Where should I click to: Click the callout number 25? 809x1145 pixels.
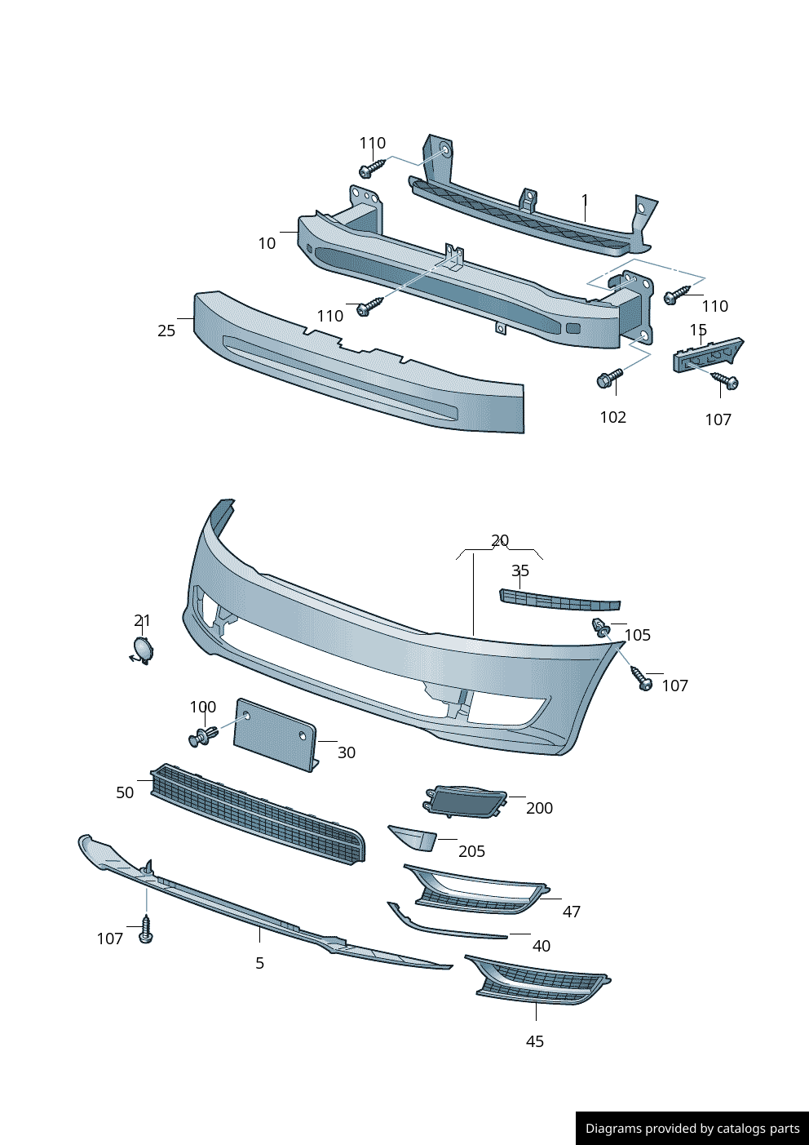166,331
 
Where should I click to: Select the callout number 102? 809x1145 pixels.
612,417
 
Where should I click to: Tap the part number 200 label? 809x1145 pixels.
539,808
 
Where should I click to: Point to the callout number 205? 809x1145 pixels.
471,851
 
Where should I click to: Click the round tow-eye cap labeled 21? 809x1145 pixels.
143,649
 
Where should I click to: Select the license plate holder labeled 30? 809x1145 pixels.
275,734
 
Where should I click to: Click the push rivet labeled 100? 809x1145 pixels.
201,737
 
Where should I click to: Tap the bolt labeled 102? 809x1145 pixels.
608,379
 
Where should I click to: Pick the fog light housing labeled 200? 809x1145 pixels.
465,801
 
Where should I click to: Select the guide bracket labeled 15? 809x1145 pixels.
706,354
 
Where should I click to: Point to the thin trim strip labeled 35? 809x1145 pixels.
559,601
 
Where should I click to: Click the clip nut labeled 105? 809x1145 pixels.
600,628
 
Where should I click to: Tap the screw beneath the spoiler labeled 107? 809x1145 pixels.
146,930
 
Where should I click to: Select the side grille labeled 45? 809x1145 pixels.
540,981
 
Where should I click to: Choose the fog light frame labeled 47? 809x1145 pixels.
477,890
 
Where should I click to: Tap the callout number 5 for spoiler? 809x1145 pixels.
259,963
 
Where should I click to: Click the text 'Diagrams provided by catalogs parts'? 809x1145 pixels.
692,1129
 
